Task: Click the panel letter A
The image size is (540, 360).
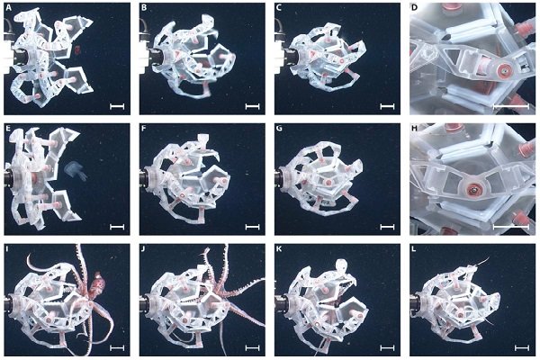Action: [x=8, y=7]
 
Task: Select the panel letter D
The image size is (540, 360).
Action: [x=414, y=7]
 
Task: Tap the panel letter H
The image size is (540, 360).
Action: [x=414, y=128]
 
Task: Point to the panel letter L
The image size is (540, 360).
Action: [x=414, y=248]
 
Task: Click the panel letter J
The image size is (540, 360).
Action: [x=144, y=248]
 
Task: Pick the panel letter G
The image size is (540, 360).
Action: [x=279, y=128]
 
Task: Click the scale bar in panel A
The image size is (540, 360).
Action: [x=117, y=107]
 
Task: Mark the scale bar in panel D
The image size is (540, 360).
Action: [x=510, y=107]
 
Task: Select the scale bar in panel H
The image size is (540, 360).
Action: [x=510, y=227]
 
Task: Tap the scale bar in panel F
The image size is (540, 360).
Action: [x=252, y=227]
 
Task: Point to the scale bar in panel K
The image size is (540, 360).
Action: [x=387, y=348]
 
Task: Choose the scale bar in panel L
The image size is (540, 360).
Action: [x=522, y=348]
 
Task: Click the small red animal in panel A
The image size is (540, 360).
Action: [x=77, y=50]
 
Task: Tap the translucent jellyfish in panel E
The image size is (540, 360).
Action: [x=76, y=170]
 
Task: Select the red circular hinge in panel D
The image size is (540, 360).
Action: [x=503, y=70]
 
